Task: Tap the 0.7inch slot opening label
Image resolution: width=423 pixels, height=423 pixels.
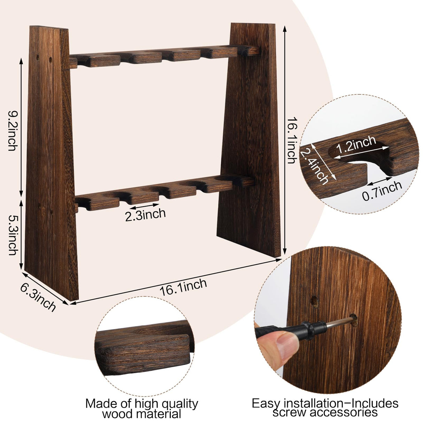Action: [x=382, y=192]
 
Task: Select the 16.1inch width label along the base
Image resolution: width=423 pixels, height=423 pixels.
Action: [x=183, y=287]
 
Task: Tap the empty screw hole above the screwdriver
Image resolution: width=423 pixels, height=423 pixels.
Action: [x=315, y=301]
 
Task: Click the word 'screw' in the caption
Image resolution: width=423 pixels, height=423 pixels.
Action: [x=290, y=413]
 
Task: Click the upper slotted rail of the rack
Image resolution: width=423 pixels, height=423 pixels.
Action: [x=164, y=56]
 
